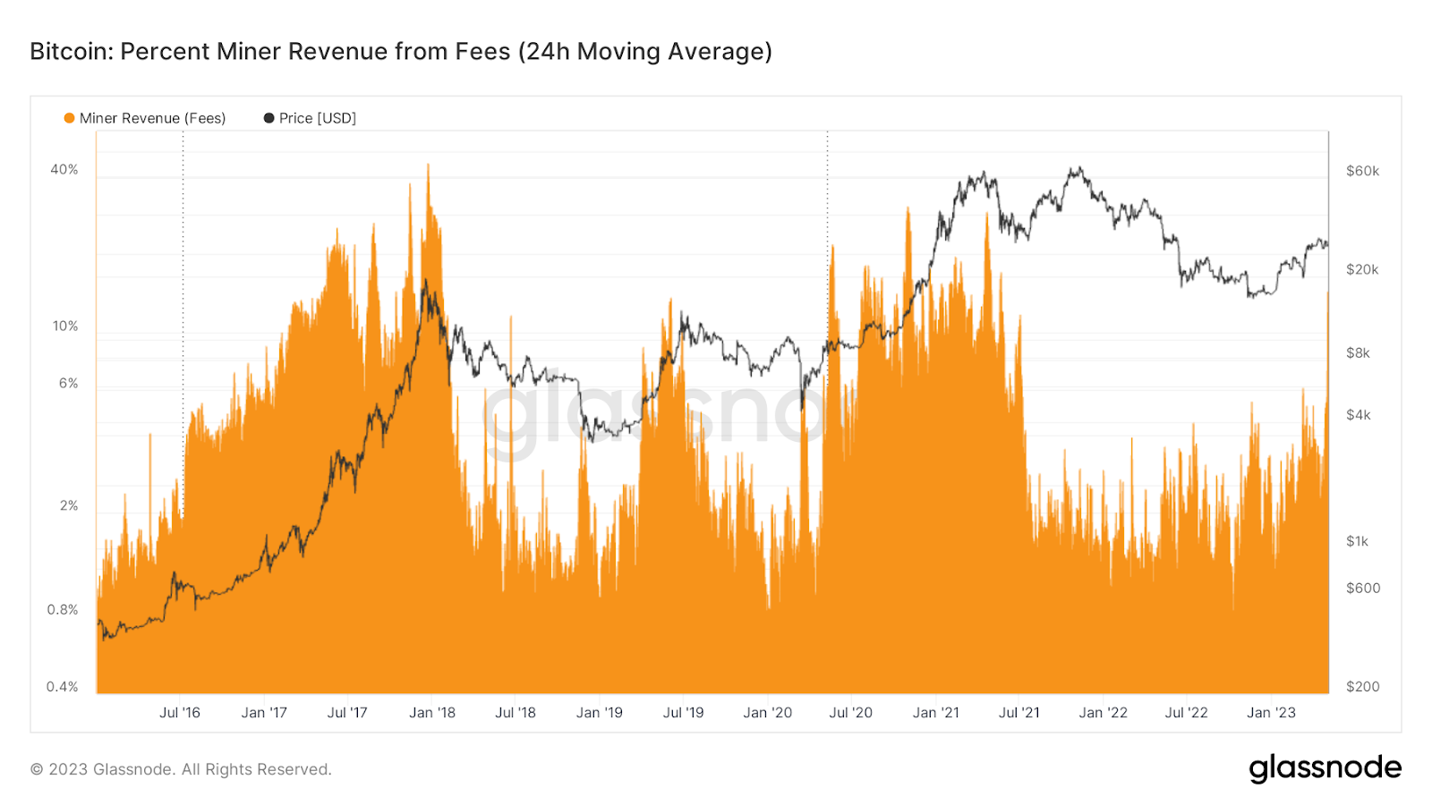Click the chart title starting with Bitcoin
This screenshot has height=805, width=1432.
click(400, 52)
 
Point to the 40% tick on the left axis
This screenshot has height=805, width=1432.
click(64, 170)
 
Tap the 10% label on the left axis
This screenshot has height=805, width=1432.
click(65, 326)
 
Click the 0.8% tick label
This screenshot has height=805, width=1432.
click(63, 610)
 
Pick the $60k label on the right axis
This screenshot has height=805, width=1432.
click(1362, 171)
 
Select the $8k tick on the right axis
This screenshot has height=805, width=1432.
click(1358, 353)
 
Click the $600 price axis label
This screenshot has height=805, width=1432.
click(1362, 589)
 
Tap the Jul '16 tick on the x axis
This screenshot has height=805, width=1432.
click(180, 713)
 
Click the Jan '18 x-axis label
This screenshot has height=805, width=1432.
click(432, 713)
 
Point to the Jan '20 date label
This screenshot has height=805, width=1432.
click(767, 713)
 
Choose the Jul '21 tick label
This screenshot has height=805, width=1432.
click(1019, 713)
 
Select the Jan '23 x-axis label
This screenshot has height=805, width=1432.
click(1271, 713)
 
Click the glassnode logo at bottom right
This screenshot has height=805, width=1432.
click(1325, 768)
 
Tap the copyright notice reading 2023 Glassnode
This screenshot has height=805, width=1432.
click(181, 769)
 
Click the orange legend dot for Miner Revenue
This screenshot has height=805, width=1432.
click(69, 118)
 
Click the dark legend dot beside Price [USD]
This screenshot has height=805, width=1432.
click(268, 118)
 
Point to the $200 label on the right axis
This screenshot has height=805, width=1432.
click(1362, 687)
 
